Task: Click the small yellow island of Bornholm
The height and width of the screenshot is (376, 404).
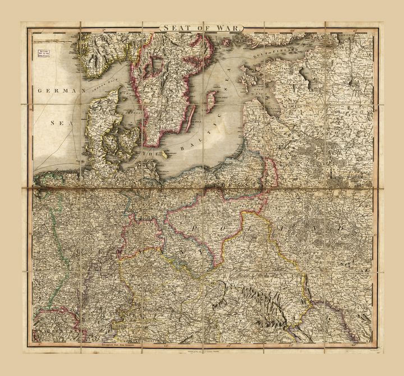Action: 164,153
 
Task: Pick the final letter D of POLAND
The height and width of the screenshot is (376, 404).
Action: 340,227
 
